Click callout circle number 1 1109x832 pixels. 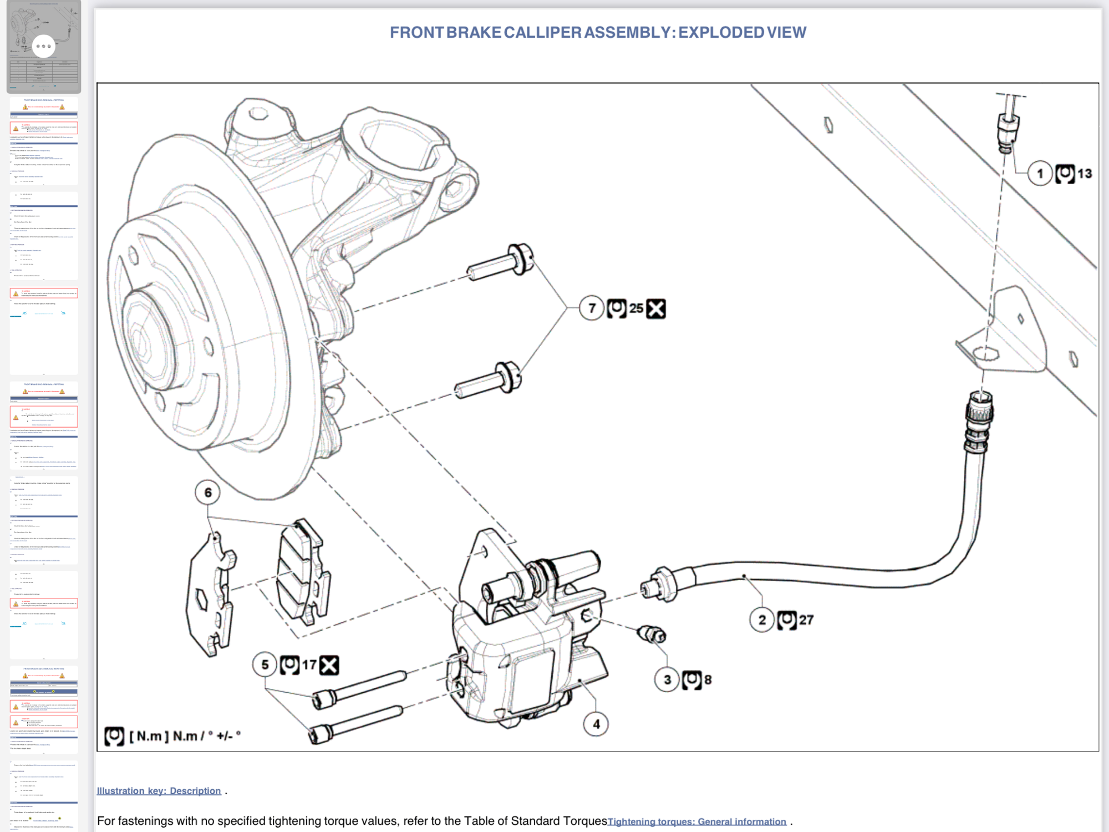click(1040, 174)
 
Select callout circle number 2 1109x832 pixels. click(762, 620)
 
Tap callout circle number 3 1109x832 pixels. click(667, 679)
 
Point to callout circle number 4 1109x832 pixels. click(596, 724)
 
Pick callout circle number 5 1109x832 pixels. click(265, 664)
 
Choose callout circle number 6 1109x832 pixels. click(208, 493)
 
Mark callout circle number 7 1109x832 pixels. click(592, 308)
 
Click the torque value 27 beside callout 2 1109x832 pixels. click(806, 620)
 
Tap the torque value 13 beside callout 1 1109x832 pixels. click(1085, 174)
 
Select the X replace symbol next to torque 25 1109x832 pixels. click(656, 308)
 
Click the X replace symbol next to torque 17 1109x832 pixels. click(329, 665)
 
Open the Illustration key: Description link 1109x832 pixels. click(159, 791)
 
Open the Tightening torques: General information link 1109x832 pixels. click(697, 821)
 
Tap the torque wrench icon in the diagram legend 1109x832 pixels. click(114, 736)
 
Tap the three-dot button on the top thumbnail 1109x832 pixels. click(44, 46)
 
